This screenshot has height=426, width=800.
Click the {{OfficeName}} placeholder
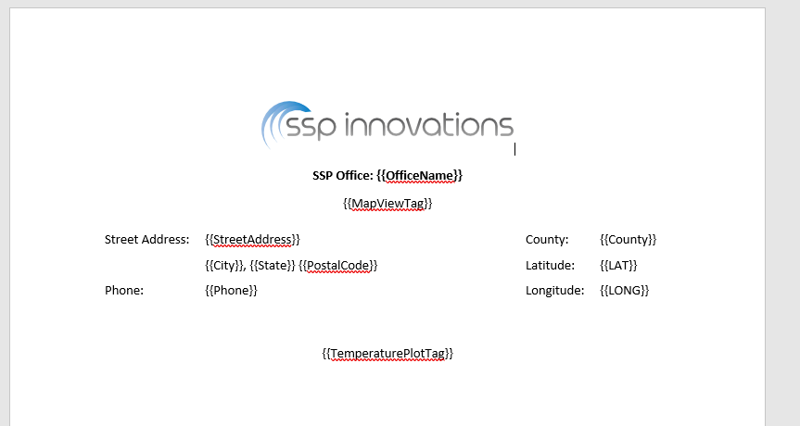tap(419, 176)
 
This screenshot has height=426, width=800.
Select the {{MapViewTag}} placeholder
tap(387, 204)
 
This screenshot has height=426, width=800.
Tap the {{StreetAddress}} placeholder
tap(252, 240)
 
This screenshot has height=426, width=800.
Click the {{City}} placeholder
tap(224, 266)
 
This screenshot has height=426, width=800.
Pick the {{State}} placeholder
tap(273, 266)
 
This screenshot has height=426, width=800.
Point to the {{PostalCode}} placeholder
tap(337, 266)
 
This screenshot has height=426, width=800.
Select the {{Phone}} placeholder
tap(231, 291)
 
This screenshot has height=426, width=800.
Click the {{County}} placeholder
tap(629, 240)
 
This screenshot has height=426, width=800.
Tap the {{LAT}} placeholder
tap(619, 266)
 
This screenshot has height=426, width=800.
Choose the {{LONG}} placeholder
tap(625, 291)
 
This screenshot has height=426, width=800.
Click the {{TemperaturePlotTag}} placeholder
tap(387, 354)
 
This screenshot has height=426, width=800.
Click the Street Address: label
tap(147, 240)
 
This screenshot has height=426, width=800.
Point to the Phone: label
tap(124, 291)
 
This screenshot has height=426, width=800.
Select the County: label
tap(547, 240)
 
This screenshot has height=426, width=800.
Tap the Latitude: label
tap(550, 266)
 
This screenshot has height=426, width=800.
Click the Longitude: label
tap(555, 291)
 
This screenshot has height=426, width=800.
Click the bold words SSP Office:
tap(343, 176)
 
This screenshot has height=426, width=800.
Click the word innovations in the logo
tap(429, 125)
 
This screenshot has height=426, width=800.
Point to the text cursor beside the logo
tap(514, 149)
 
